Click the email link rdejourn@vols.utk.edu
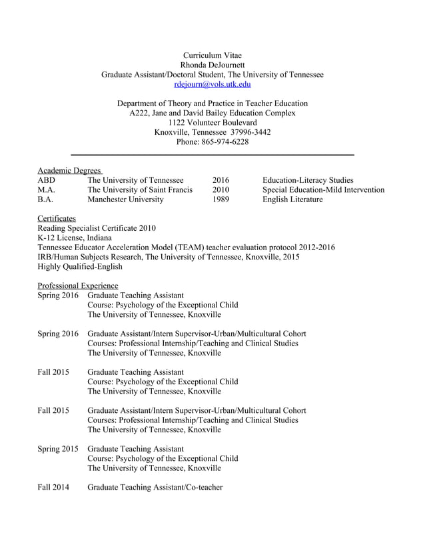212,85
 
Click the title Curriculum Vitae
212,55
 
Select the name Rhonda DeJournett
212,65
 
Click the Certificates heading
57,218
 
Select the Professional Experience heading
77,286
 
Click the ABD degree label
47,180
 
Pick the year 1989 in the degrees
220,199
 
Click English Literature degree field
292,199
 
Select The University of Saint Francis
140,190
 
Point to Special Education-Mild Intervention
323,190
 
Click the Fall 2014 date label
53,488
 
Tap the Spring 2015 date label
58,449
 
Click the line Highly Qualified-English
80,266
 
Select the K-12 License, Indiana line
75,237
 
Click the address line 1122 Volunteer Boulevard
212,123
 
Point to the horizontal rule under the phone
212,155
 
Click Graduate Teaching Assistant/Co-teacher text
155,488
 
